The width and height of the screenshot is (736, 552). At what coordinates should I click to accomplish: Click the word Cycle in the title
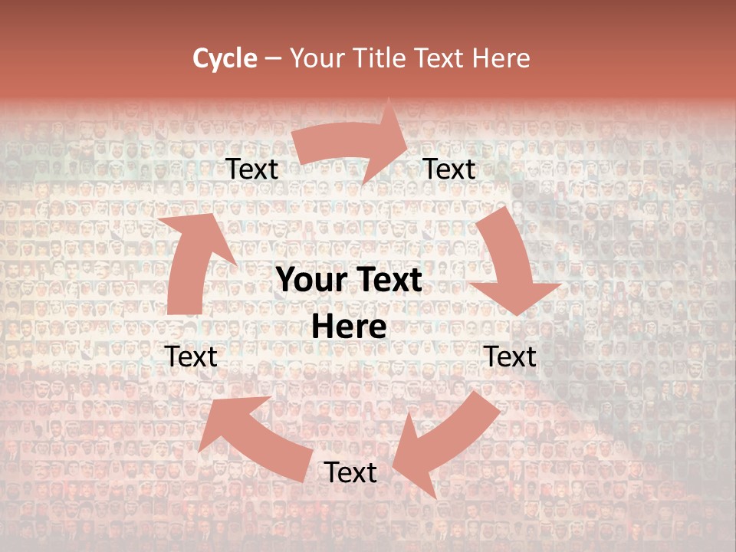225,58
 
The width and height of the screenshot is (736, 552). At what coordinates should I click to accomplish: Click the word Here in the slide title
502,58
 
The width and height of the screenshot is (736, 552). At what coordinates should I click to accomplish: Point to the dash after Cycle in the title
273,58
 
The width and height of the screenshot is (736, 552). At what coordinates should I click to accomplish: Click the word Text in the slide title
442,58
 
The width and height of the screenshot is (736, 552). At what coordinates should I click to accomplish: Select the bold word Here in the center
349,327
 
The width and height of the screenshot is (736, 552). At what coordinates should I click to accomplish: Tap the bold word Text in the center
386,281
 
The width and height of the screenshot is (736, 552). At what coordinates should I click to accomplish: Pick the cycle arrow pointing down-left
445,445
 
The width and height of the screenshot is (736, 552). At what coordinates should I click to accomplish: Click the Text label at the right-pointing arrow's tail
252,169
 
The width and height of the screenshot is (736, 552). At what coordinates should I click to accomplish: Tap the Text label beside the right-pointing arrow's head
449,169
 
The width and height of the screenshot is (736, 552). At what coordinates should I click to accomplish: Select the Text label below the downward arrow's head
510,356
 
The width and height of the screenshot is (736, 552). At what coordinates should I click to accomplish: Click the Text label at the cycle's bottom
350,473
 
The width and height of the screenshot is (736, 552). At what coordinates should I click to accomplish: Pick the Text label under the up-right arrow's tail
192,356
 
